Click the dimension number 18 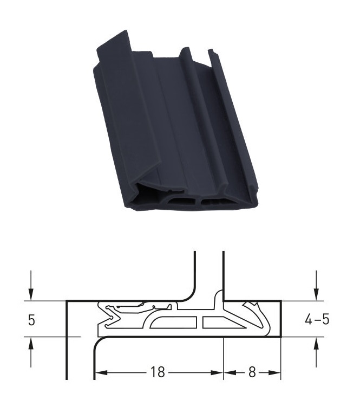click(158, 372)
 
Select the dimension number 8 click(252, 372)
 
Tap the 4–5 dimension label click(317, 319)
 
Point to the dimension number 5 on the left click(31, 320)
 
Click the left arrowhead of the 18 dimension click(101, 372)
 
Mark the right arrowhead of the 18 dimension click(217, 372)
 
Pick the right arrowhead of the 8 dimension click(274, 372)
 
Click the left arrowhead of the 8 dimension click(230, 372)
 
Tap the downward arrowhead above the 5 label click(31, 294)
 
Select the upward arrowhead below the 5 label click(31, 343)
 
